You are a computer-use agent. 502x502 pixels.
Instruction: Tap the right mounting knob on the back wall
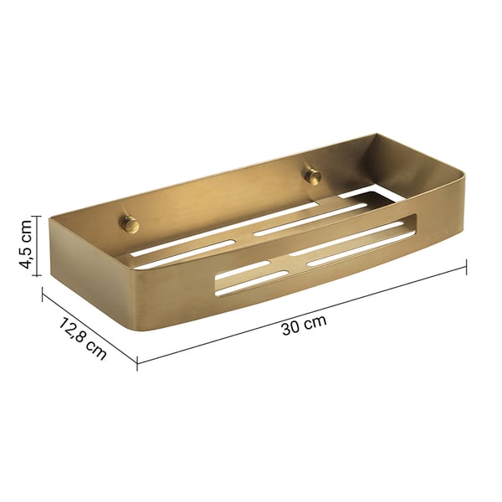[314, 175]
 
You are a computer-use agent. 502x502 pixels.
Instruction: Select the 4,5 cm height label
[26, 243]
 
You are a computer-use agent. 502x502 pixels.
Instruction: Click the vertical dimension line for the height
[36, 243]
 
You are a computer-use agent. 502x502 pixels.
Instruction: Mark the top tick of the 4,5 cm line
[36, 215]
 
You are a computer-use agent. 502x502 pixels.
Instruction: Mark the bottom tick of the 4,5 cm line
[36, 272]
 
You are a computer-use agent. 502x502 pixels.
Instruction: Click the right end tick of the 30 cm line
[465, 266]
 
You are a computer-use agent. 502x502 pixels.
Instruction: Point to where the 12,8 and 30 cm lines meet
[137, 361]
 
